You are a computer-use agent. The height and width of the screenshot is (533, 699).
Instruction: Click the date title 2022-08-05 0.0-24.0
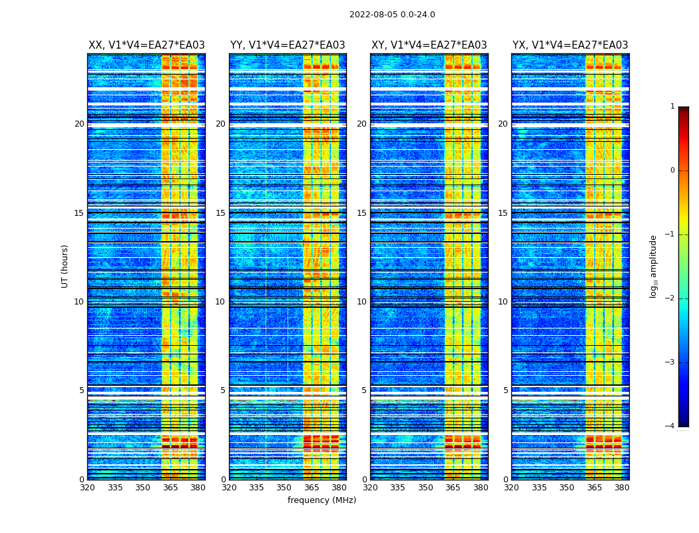point(392,15)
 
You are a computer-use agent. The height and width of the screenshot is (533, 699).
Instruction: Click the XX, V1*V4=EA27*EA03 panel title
point(146,45)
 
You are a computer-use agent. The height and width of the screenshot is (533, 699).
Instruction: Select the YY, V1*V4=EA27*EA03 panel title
point(288,45)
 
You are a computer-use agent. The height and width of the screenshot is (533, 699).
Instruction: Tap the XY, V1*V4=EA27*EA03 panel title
point(429,45)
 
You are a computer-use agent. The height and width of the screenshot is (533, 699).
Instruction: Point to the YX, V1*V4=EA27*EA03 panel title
point(570,45)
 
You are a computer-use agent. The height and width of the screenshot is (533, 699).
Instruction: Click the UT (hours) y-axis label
point(65,266)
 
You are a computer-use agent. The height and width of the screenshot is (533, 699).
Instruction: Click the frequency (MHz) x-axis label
point(322,500)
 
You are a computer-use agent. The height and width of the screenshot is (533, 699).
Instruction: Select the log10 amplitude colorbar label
point(653,266)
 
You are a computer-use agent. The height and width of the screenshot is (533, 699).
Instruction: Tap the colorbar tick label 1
point(672,107)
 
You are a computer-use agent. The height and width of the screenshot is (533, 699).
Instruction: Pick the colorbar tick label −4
point(670,426)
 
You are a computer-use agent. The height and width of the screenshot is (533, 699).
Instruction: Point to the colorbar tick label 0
point(672,171)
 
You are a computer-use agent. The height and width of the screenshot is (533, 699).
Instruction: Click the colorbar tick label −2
point(670,298)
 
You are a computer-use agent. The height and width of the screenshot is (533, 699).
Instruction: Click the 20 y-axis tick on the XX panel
point(79,124)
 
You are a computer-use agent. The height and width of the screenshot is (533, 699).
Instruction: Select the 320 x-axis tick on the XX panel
point(87,488)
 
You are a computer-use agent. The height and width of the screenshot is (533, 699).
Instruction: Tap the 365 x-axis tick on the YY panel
point(312,488)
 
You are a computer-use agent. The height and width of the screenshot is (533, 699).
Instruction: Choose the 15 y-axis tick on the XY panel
point(361,213)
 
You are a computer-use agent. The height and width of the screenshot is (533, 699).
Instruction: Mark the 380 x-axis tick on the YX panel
point(622,488)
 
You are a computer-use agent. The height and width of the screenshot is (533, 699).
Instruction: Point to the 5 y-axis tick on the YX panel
point(505,390)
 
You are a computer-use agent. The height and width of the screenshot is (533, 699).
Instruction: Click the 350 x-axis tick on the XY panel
point(425,488)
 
